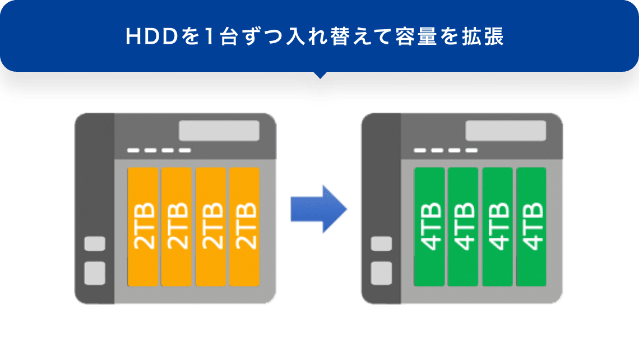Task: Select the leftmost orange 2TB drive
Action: click(143, 226)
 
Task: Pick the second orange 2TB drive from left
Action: click(177, 226)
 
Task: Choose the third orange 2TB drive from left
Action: click(211, 226)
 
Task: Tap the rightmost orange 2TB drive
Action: click(244, 226)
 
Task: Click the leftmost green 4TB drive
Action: click(429, 226)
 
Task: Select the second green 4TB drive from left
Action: click(463, 226)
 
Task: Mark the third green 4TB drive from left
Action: click(497, 226)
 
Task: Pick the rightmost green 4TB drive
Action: click(531, 226)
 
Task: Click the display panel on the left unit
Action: click(219, 131)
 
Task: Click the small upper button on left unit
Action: click(95, 244)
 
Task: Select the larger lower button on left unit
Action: click(95, 273)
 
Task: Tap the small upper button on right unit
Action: click(382, 244)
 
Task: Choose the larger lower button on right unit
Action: click(382, 273)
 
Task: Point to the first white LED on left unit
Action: click(133, 151)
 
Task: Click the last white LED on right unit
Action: click(471, 151)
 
